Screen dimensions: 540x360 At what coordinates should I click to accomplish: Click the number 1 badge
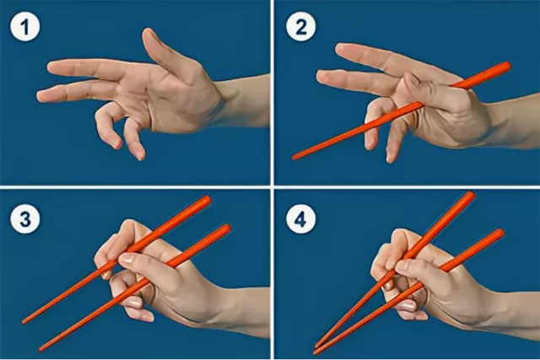[x=25, y=26]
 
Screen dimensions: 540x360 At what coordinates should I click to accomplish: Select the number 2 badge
[x=301, y=26]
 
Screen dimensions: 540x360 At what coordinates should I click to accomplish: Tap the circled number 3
[x=25, y=219]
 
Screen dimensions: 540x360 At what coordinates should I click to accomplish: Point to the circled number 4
[x=301, y=219]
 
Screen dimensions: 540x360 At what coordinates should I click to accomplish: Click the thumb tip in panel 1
[x=148, y=34]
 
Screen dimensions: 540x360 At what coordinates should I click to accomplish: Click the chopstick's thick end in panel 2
[x=506, y=66]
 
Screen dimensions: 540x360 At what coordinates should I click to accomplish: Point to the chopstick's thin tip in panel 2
[x=294, y=158]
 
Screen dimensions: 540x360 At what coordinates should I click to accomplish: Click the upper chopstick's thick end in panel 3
[x=206, y=200]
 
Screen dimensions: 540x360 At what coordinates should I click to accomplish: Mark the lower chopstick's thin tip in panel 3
[x=41, y=349]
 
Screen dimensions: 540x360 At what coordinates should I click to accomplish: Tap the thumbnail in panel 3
[x=126, y=258]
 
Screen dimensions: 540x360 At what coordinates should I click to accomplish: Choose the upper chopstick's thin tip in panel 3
[x=24, y=321]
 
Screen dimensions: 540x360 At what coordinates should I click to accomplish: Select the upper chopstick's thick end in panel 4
[x=470, y=196]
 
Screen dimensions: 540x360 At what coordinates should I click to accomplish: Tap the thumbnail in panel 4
[x=402, y=266]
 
